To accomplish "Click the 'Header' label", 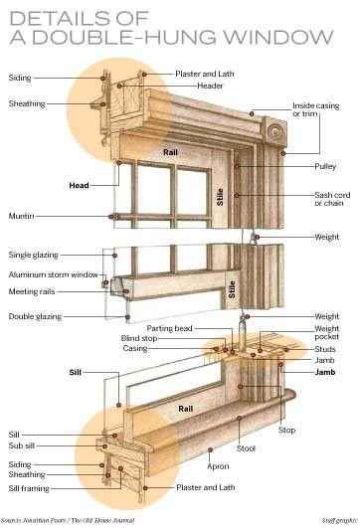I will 210,87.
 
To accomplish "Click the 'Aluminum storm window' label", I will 54,274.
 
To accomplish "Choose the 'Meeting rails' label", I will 31,291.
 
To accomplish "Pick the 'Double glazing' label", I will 36,317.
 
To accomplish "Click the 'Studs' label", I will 324,349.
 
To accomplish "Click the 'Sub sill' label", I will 24,448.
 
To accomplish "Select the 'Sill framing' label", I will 31,488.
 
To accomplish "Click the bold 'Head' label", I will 79,185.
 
